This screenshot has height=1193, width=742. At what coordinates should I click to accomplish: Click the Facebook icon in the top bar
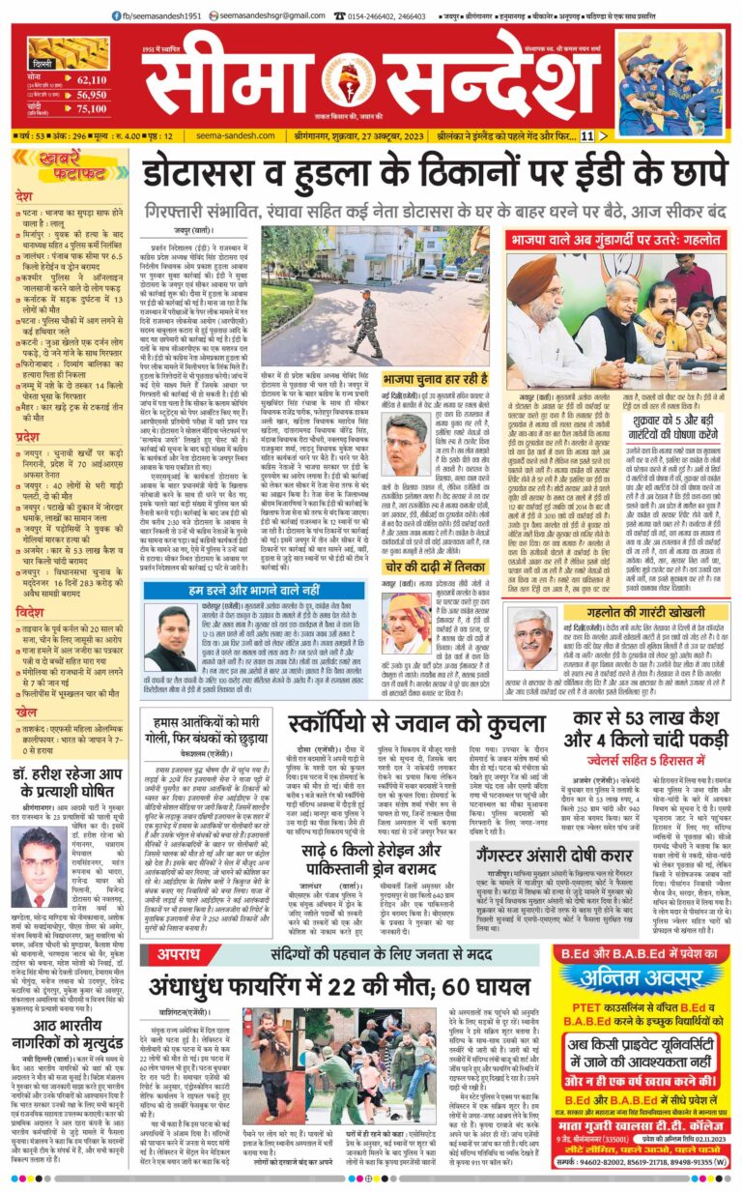tap(115, 15)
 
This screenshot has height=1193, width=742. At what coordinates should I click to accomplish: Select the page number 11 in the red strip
tap(586, 136)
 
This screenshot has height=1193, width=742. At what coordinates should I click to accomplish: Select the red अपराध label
tap(180, 952)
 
